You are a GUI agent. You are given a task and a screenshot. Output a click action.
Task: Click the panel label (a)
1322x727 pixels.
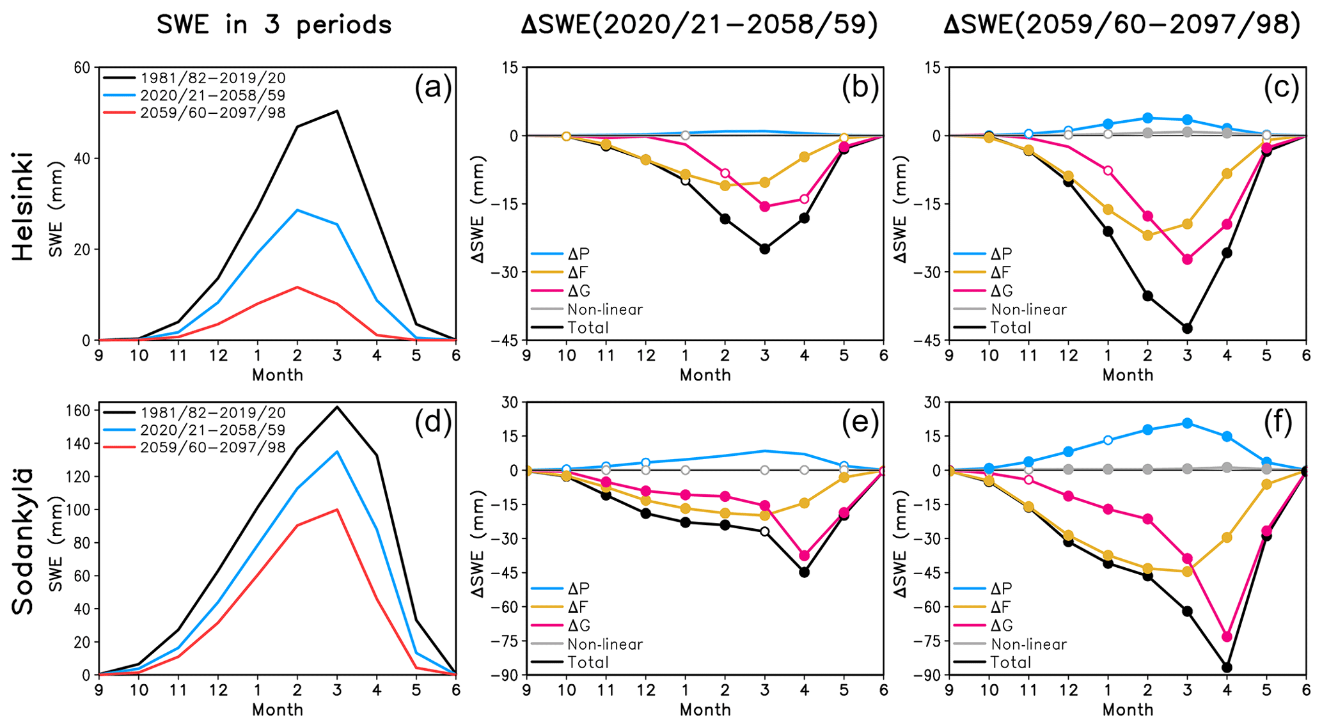tap(433, 88)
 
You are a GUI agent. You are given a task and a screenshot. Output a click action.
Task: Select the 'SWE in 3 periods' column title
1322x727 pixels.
tap(274, 25)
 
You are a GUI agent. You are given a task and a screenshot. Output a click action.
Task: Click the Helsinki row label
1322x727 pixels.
tap(23, 206)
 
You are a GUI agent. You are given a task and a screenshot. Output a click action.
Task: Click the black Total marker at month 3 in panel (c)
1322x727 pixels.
tap(1188, 329)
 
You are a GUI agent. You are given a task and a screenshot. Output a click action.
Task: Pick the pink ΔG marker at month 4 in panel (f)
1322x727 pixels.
tap(1227, 637)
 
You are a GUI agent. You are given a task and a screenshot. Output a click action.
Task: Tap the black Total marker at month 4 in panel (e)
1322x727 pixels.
tap(805, 572)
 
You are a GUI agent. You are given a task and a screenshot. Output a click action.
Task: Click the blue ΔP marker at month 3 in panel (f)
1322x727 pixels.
tap(1188, 423)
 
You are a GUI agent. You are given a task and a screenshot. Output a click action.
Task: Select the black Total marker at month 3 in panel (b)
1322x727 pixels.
tap(765, 249)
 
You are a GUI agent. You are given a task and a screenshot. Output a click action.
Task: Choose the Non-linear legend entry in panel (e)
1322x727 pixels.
tap(604, 645)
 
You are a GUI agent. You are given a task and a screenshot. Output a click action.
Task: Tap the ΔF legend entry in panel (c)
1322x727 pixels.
tap(1001, 273)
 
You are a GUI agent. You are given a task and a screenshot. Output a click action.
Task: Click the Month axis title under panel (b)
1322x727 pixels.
tap(705, 375)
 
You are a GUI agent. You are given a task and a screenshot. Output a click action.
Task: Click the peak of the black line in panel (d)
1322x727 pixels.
tap(337, 407)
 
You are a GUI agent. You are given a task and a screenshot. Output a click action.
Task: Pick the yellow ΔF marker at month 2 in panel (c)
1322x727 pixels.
tap(1148, 235)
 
